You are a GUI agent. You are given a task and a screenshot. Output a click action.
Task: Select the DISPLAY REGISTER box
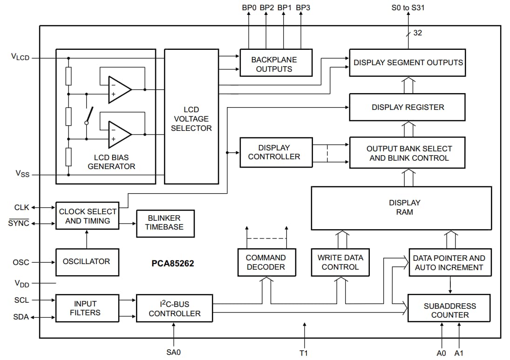click(408, 107)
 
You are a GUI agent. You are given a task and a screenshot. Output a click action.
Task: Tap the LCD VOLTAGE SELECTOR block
click(191, 116)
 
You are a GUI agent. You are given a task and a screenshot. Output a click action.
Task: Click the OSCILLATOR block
click(87, 262)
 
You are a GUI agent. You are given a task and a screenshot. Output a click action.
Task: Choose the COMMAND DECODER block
click(265, 262)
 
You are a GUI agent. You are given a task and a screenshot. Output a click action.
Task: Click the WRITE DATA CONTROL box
click(340, 262)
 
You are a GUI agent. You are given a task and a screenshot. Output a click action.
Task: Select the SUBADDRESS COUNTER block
click(449, 310)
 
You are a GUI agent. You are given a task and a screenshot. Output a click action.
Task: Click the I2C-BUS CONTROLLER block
click(174, 308)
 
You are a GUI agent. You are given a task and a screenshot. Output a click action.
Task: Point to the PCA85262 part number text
click(172, 264)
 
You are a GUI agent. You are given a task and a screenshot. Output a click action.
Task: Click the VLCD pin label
click(20, 57)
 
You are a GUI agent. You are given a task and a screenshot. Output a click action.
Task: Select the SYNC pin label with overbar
click(19, 223)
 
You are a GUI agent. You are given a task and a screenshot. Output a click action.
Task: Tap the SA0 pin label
click(173, 352)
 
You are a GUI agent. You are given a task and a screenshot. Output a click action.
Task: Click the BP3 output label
click(302, 7)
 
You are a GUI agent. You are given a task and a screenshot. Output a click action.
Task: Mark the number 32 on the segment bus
click(418, 33)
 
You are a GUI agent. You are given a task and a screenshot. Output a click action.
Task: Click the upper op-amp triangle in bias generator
click(119, 88)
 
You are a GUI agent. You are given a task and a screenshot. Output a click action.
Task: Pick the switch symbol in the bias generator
click(88, 115)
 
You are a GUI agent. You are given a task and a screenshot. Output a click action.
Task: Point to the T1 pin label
click(304, 353)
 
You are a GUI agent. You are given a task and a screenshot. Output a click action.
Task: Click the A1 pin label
click(459, 353)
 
